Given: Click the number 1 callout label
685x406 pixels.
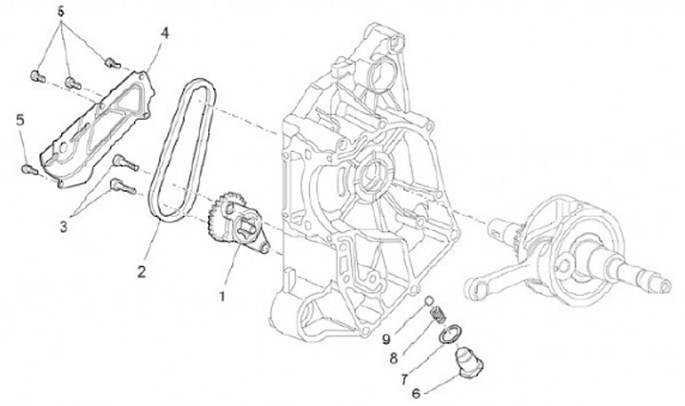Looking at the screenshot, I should tap(225, 296).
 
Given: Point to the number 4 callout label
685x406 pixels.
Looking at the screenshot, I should tap(165, 32).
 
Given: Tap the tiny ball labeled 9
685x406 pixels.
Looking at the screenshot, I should tap(431, 303).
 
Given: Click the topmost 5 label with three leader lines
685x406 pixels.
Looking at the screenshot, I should tap(60, 11).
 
